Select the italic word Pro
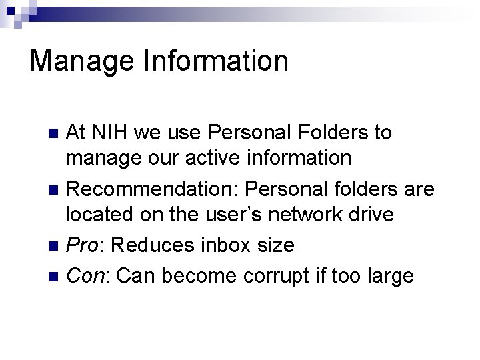(83, 245)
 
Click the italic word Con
(84, 274)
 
